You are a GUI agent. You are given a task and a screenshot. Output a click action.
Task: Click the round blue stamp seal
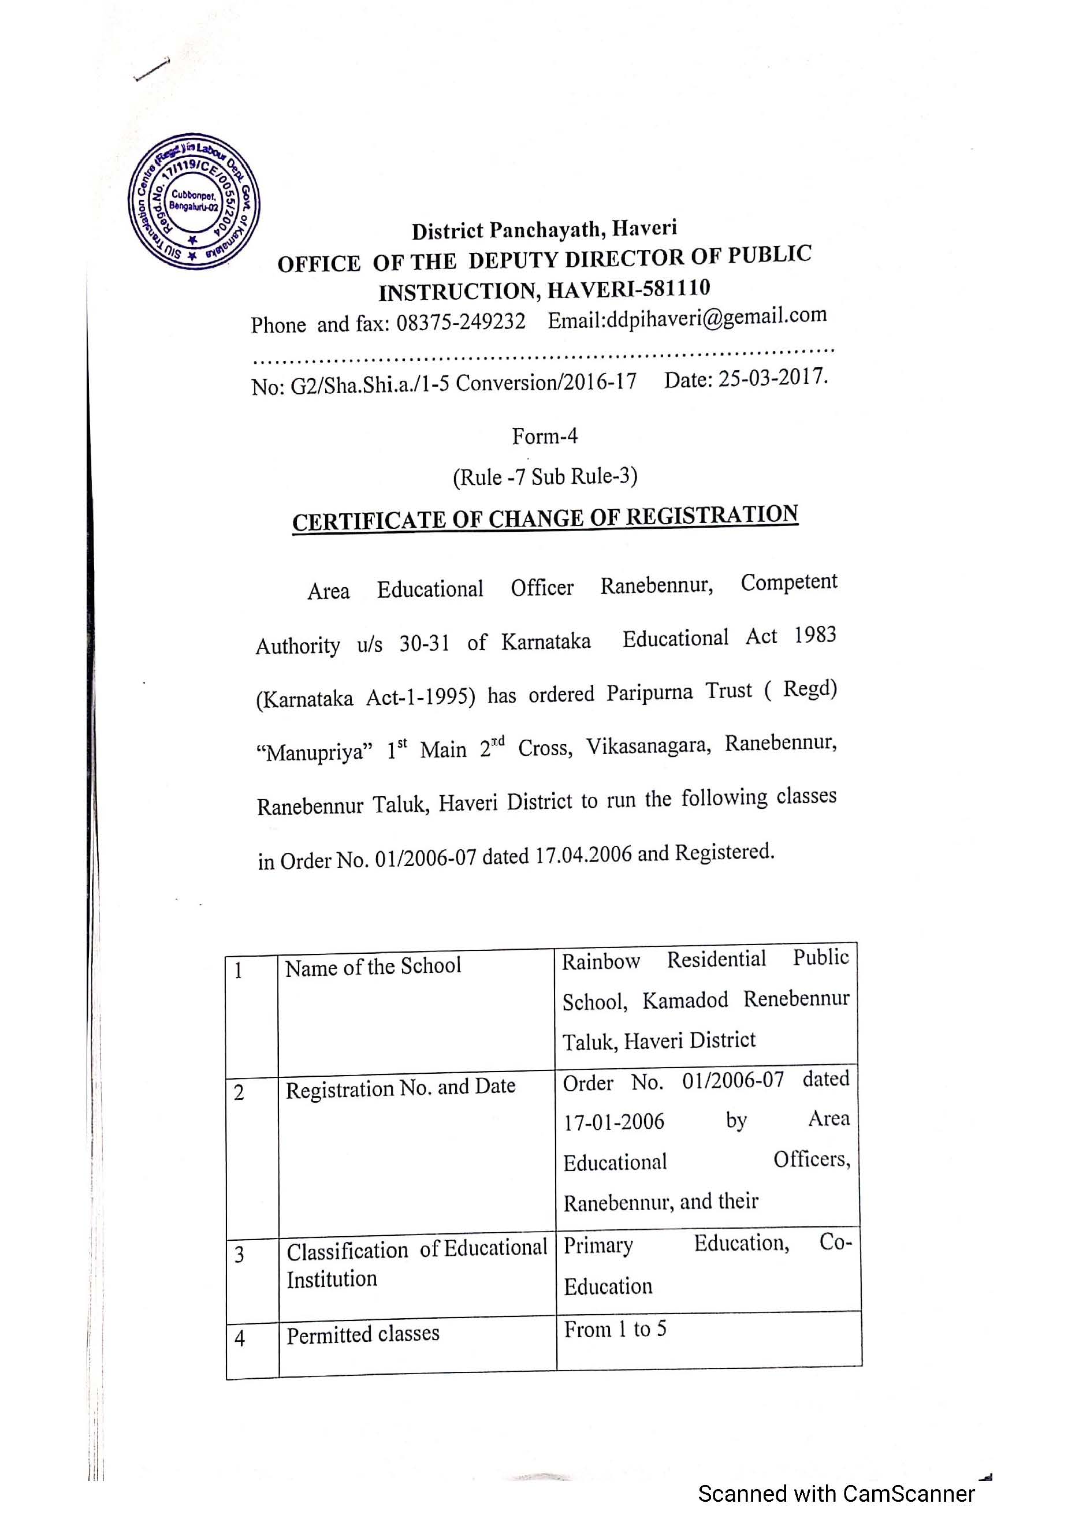(194, 201)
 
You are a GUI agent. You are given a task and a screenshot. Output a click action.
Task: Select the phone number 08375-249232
(461, 322)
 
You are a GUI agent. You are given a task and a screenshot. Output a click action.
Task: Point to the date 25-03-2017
(772, 378)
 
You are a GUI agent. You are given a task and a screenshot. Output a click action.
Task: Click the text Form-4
(545, 436)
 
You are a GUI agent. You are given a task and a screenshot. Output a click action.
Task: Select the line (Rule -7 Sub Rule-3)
(545, 476)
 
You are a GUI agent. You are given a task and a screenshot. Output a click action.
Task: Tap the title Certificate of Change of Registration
(545, 518)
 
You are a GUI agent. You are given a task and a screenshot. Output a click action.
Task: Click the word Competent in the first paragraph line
(788, 582)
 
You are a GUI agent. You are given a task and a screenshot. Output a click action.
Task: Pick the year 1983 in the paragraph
(815, 635)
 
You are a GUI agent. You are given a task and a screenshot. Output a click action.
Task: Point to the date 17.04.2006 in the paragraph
(583, 855)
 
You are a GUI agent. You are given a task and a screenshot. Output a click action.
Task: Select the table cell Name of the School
(373, 967)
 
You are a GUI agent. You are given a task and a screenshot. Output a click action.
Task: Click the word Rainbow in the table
(600, 962)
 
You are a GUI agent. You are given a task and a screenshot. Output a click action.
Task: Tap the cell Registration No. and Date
(400, 1087)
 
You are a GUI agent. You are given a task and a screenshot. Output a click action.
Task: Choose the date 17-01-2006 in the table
(613, 1122)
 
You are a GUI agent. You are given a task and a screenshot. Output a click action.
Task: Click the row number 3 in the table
(239, 1254)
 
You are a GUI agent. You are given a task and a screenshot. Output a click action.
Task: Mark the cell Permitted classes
(363, 1334)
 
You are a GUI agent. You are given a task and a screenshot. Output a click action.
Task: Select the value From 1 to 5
(615, 1329)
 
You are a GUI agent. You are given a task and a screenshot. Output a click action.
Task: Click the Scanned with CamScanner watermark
(836, 1494)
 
